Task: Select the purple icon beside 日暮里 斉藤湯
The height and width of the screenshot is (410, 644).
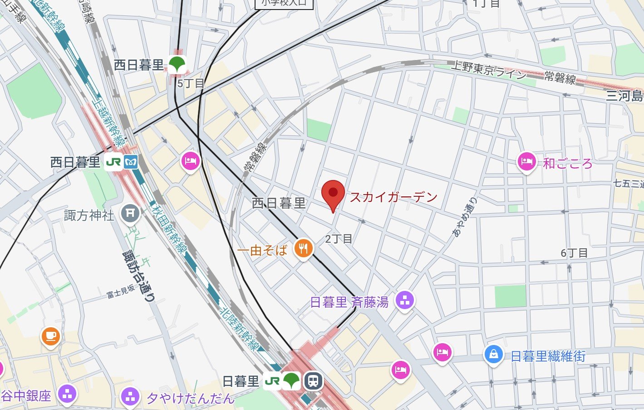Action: [405, 300]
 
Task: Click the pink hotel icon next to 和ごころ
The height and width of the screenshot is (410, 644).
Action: [526, 161]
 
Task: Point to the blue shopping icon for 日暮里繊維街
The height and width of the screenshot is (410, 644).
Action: [493, 355]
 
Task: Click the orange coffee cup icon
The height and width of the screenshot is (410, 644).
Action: [50, 336]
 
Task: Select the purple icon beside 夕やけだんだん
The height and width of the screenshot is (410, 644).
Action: [130, 397]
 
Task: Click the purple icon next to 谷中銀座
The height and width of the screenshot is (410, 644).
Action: [68, 395]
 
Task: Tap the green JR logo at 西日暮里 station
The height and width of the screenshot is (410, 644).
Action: [113, 162]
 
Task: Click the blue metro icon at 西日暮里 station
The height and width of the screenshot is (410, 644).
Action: [131, 162]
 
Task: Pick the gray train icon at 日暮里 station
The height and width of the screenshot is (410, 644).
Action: [313, 381]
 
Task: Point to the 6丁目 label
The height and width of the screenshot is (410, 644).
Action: [574, 253]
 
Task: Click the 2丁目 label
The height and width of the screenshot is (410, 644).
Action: [339, 239]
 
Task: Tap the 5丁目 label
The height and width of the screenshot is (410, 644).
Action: [191, 84]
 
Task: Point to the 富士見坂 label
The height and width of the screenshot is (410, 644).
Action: [121, 292]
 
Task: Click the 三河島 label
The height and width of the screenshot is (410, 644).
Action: [625, 96]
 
